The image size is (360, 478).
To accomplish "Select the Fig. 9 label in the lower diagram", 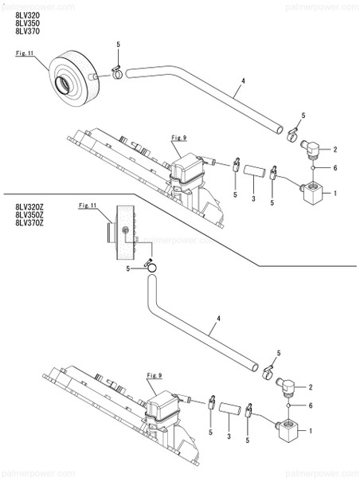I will coord(154,374).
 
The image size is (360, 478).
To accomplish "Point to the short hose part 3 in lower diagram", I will coord(229,409).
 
